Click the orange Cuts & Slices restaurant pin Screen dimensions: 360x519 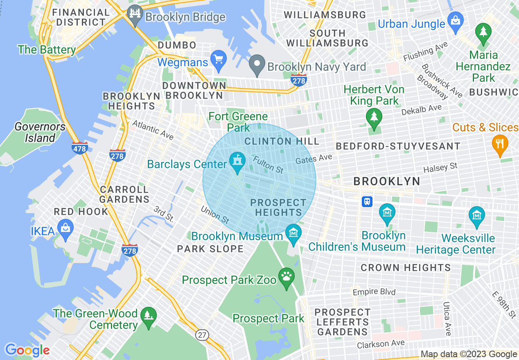[x=499, y=144]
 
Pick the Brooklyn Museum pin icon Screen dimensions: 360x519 [x=293, y=233]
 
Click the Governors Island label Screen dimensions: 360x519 [x=40, y=132]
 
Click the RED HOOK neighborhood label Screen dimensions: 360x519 [x=81, y=211]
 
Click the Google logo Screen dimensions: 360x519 [x=27, y=350]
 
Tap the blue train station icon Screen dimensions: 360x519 [x=367, y=202]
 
